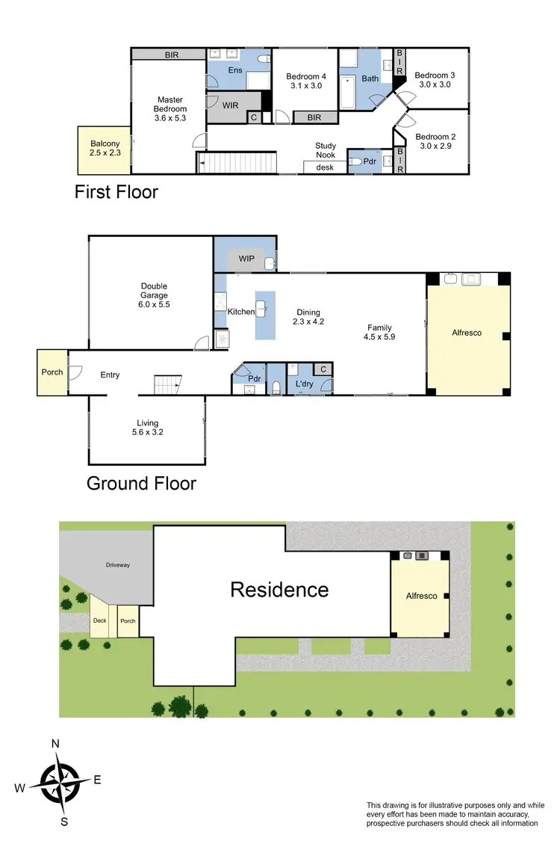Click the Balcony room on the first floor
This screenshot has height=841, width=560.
tap(105, 150)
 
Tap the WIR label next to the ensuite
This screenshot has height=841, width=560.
tap(231, 105)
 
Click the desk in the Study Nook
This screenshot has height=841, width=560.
tap(326, 167)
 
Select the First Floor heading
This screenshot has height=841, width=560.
tap(116, 192)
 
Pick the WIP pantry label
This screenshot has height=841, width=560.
tap(247, 259)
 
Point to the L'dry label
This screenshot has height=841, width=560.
tap(303, 384)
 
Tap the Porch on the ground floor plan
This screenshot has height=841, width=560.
tap(52, 372)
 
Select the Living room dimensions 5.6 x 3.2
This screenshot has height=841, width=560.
tap(147, 433)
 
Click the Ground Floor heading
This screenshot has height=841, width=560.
tap(141, 483)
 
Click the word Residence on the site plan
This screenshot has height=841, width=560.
tap(279, 590)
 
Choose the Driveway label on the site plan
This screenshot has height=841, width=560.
tap(117, 565)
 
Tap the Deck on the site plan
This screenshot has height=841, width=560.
tap(99, 620)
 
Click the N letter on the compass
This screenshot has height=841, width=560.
tap(55, 744)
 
